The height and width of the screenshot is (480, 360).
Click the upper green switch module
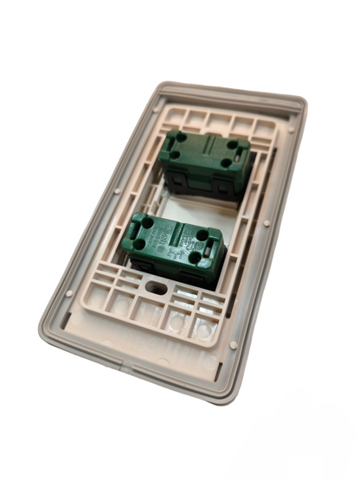tap(204, 161)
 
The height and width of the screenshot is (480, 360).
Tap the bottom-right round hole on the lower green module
tap(196, 259)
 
